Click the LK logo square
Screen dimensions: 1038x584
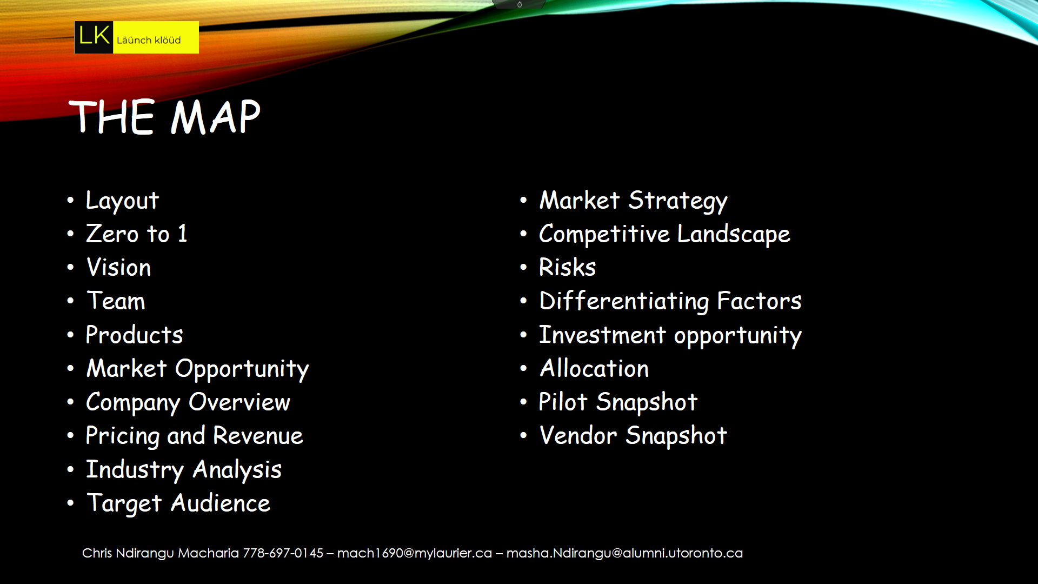pos(94,37)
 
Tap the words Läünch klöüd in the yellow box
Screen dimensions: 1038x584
pos(149,40)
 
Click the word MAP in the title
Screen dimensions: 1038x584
pos(216,116)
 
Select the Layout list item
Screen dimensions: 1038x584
pos(122,201)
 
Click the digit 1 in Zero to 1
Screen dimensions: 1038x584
pos(183,234)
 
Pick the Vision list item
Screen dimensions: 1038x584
pos(119,267)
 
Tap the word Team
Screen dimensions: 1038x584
pos(116,301)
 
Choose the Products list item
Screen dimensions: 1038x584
pos(135,335)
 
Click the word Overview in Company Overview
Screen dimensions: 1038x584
pos(239,402)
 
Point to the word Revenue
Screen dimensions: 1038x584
pos(258,436)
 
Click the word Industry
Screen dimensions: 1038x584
pos(135,470)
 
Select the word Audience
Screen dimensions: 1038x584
pos(221,503)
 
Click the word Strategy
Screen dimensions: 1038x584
pos(678,201)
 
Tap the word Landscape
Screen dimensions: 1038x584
pos(734,235)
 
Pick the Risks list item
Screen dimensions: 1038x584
pos(568,267)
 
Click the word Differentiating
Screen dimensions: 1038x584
pos(624,301)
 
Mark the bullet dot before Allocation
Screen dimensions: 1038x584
pos(523,369)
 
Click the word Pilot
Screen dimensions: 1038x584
pos(563,402)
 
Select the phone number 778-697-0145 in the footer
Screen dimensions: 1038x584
pos(283,553)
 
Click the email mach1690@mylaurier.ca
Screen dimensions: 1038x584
pos(415,553)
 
